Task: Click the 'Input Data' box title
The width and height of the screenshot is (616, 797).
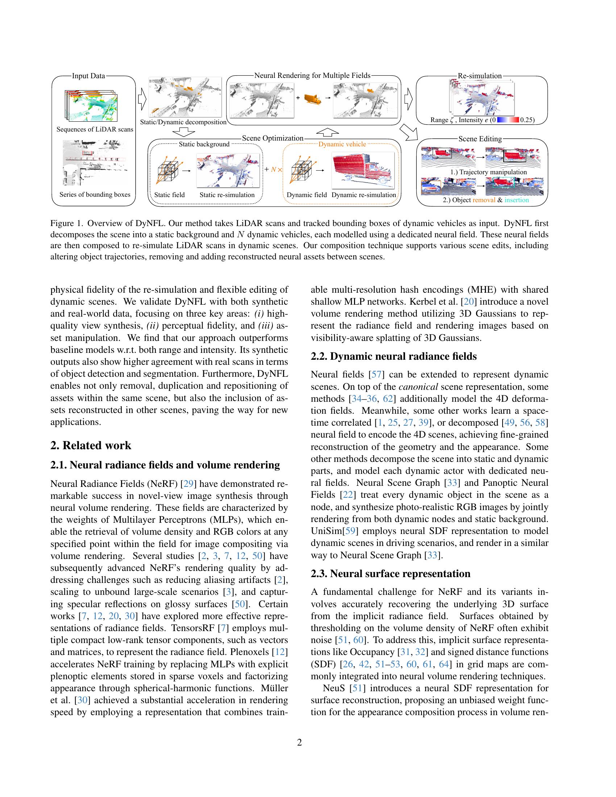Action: pos(88,76)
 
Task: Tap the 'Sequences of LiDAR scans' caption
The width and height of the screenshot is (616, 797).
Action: pos(95,129)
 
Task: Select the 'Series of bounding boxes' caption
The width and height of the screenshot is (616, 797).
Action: pos(95,194)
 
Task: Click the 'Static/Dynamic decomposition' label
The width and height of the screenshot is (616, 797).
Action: pos(183,122)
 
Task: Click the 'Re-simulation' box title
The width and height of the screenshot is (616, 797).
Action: pos(479,76)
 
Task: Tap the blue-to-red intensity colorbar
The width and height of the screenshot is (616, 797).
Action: pos(508,120)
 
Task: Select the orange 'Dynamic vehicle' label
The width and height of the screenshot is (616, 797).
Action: pos(342,144)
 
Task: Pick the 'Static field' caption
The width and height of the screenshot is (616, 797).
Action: pos(169,195)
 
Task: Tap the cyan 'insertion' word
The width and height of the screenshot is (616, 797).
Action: pos(516,200)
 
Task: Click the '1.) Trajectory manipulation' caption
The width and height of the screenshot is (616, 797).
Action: pos(488,172)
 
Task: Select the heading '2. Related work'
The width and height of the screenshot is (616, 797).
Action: pos(91,445)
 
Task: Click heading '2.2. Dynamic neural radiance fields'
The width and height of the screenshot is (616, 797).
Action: pos(394,356)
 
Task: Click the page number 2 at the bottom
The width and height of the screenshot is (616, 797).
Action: pos(300,742)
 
